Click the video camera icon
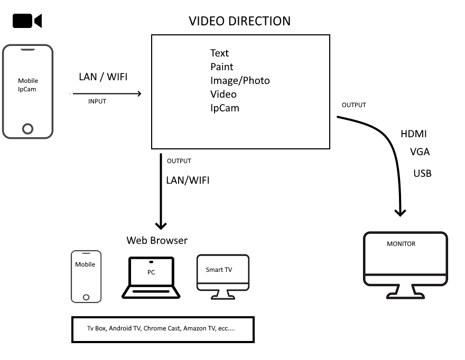click(26, 21)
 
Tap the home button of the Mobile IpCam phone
click(28, 128)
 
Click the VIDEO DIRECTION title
click(239, 21)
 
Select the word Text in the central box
click(219, 53)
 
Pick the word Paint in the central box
click(221, 67)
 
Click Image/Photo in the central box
click(240, 81)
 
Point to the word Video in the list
click(224, 94)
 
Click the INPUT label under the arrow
click(97, 101)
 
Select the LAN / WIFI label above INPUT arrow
click(103, 77)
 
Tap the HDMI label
click(413, 135)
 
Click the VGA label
click(420, 152)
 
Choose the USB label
click(422, 173)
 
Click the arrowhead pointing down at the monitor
click(401, 212)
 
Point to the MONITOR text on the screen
click(401, 244)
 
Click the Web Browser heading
click(157, 241)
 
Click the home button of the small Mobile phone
click(86, 297)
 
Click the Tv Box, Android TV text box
click(163, 329)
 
